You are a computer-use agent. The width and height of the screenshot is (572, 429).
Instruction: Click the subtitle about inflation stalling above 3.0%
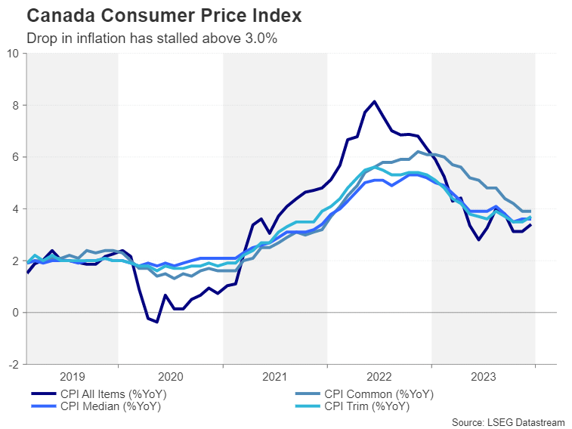pos(151,38)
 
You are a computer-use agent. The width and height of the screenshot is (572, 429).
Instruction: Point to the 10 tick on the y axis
pos(14,54)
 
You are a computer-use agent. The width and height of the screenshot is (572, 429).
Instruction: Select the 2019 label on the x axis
pos(72,376)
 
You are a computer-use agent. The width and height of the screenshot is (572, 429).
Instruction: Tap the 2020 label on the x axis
pos(170,376)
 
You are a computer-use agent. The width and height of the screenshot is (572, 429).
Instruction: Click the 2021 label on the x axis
pos(274,376)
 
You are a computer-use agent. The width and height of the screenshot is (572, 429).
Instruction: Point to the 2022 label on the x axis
pos(379,376)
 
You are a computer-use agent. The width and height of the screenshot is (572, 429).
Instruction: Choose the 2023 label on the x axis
pos(483,376)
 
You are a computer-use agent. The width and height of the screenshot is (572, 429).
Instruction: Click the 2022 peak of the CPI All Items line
pos(374,101)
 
